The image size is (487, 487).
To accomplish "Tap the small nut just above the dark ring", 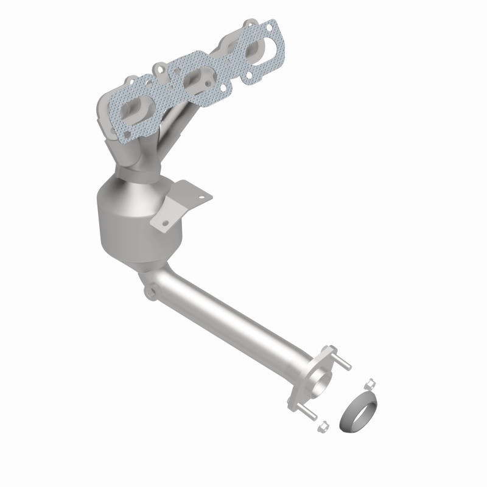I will pos(369,383).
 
